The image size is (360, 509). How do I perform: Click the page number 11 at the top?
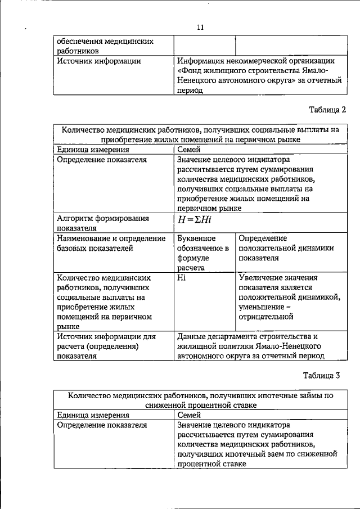tap(200, 26)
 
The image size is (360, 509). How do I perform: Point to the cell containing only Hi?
tap(181, 277)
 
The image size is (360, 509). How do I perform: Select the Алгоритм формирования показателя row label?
tap(103, 223)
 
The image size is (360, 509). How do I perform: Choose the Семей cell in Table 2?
tap(189, 150)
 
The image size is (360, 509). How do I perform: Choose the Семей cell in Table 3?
tap(189, 415)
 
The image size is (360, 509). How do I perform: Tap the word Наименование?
tap(85, 238)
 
